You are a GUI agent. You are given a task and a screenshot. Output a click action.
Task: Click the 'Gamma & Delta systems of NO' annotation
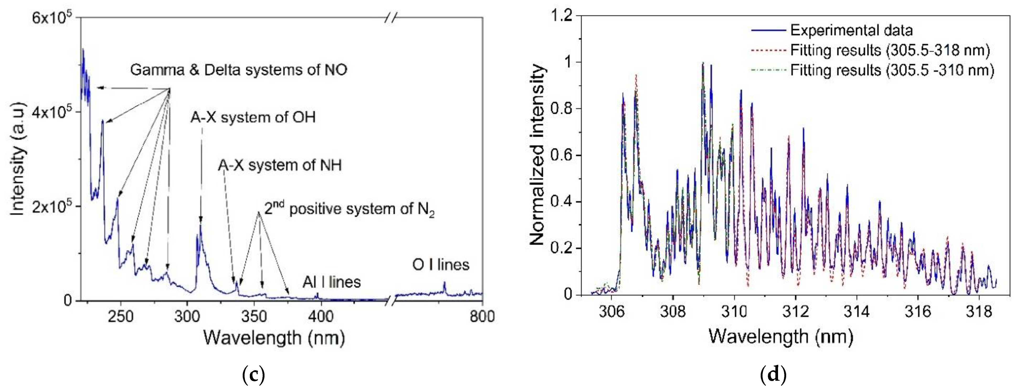pyautogui.click(x=239, y=70)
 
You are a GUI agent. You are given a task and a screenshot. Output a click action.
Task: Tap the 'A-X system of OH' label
pyautogui.click(x=253, y=118)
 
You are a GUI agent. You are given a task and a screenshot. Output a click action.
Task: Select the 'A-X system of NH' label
pyautogui.click(x=280, y=165)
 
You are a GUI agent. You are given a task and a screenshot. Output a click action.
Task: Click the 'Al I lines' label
pyautogui.click(x=332, y=282)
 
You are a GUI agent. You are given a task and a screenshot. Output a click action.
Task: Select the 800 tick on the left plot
pyautogui.click(x=482, y=317)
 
